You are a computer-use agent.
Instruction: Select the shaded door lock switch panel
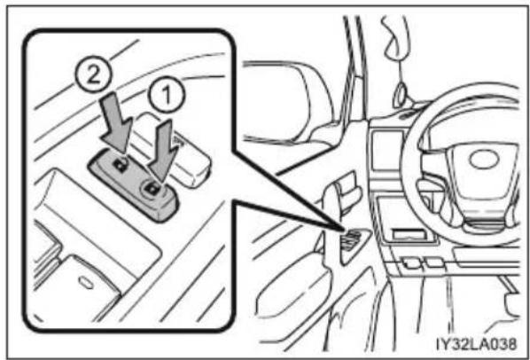[x=133, y=184]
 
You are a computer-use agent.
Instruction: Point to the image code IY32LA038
[x=476, y=344]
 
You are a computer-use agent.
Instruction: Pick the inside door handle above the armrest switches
[x=342, y=192]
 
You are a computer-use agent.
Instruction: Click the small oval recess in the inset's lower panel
[x=85, y=282]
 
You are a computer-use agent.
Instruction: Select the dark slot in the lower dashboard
[x=408, y=234]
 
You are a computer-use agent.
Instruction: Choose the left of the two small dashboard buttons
[x=411, y=262]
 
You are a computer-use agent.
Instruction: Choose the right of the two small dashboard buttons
[x=434, y=262]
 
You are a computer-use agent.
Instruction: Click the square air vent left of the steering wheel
[x=386, y=151]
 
